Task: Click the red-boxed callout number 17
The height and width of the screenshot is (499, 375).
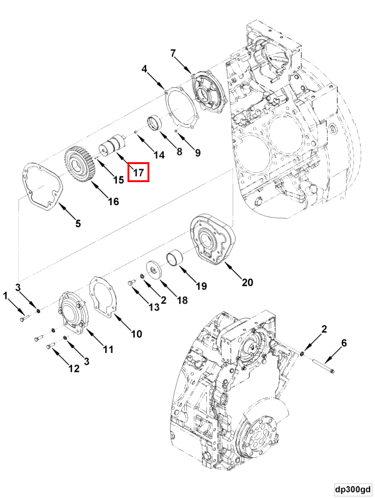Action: (138, 172)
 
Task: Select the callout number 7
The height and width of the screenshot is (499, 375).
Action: (173, 53)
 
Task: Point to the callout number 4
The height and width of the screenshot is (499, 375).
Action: (144, 69)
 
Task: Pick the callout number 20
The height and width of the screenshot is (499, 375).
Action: (247, 283)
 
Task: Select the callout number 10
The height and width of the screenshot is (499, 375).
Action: (136, 334)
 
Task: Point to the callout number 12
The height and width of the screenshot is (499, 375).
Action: (74, 368)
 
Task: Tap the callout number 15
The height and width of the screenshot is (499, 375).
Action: (118, 180)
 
